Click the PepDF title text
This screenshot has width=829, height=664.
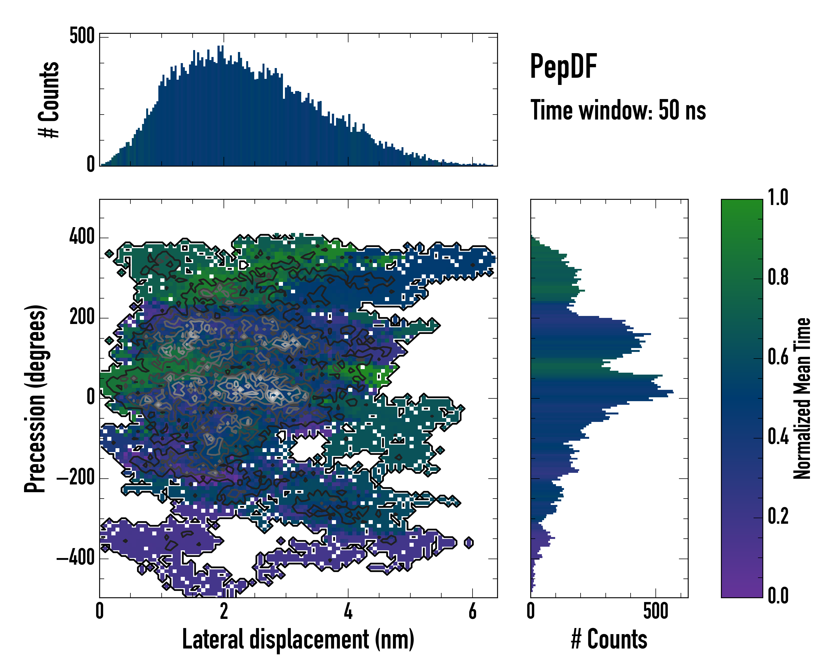(x=563, y=66)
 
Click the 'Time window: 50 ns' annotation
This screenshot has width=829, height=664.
(x=618, y=110)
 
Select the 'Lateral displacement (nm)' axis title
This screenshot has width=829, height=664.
(x=298, y=639)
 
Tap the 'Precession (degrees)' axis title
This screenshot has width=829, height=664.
(x=35, y=398)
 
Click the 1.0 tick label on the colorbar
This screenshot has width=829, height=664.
(x=778, y=198)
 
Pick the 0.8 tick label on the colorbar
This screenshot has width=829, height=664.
(x=778, y=277)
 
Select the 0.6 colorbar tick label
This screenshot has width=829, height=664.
(x=778, y=357)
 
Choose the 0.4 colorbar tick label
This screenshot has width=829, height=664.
(x=778, y=437)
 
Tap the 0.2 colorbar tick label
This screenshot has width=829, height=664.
(x=778, y=516)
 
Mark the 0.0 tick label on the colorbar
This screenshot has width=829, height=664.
(x=778, y=595)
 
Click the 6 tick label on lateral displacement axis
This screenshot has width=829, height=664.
(x=473, y=611)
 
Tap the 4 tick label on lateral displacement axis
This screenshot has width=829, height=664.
(x=348, y=611)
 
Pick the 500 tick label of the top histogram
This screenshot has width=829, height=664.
(x=82, y=36)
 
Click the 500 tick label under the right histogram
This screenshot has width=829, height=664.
(x=655, y=611)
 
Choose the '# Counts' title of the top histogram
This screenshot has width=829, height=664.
(x=49, y=99)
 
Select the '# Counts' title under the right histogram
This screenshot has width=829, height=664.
(x=609, y=639)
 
